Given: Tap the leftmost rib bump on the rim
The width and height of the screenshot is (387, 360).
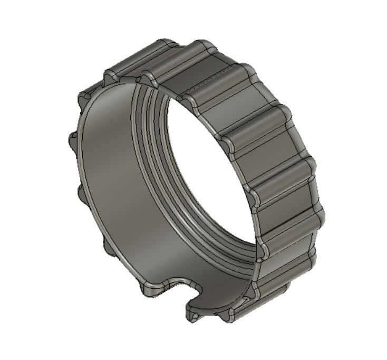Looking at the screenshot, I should [x=72, y=141].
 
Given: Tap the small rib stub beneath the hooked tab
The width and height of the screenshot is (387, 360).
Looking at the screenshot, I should [x=195, y=317].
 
